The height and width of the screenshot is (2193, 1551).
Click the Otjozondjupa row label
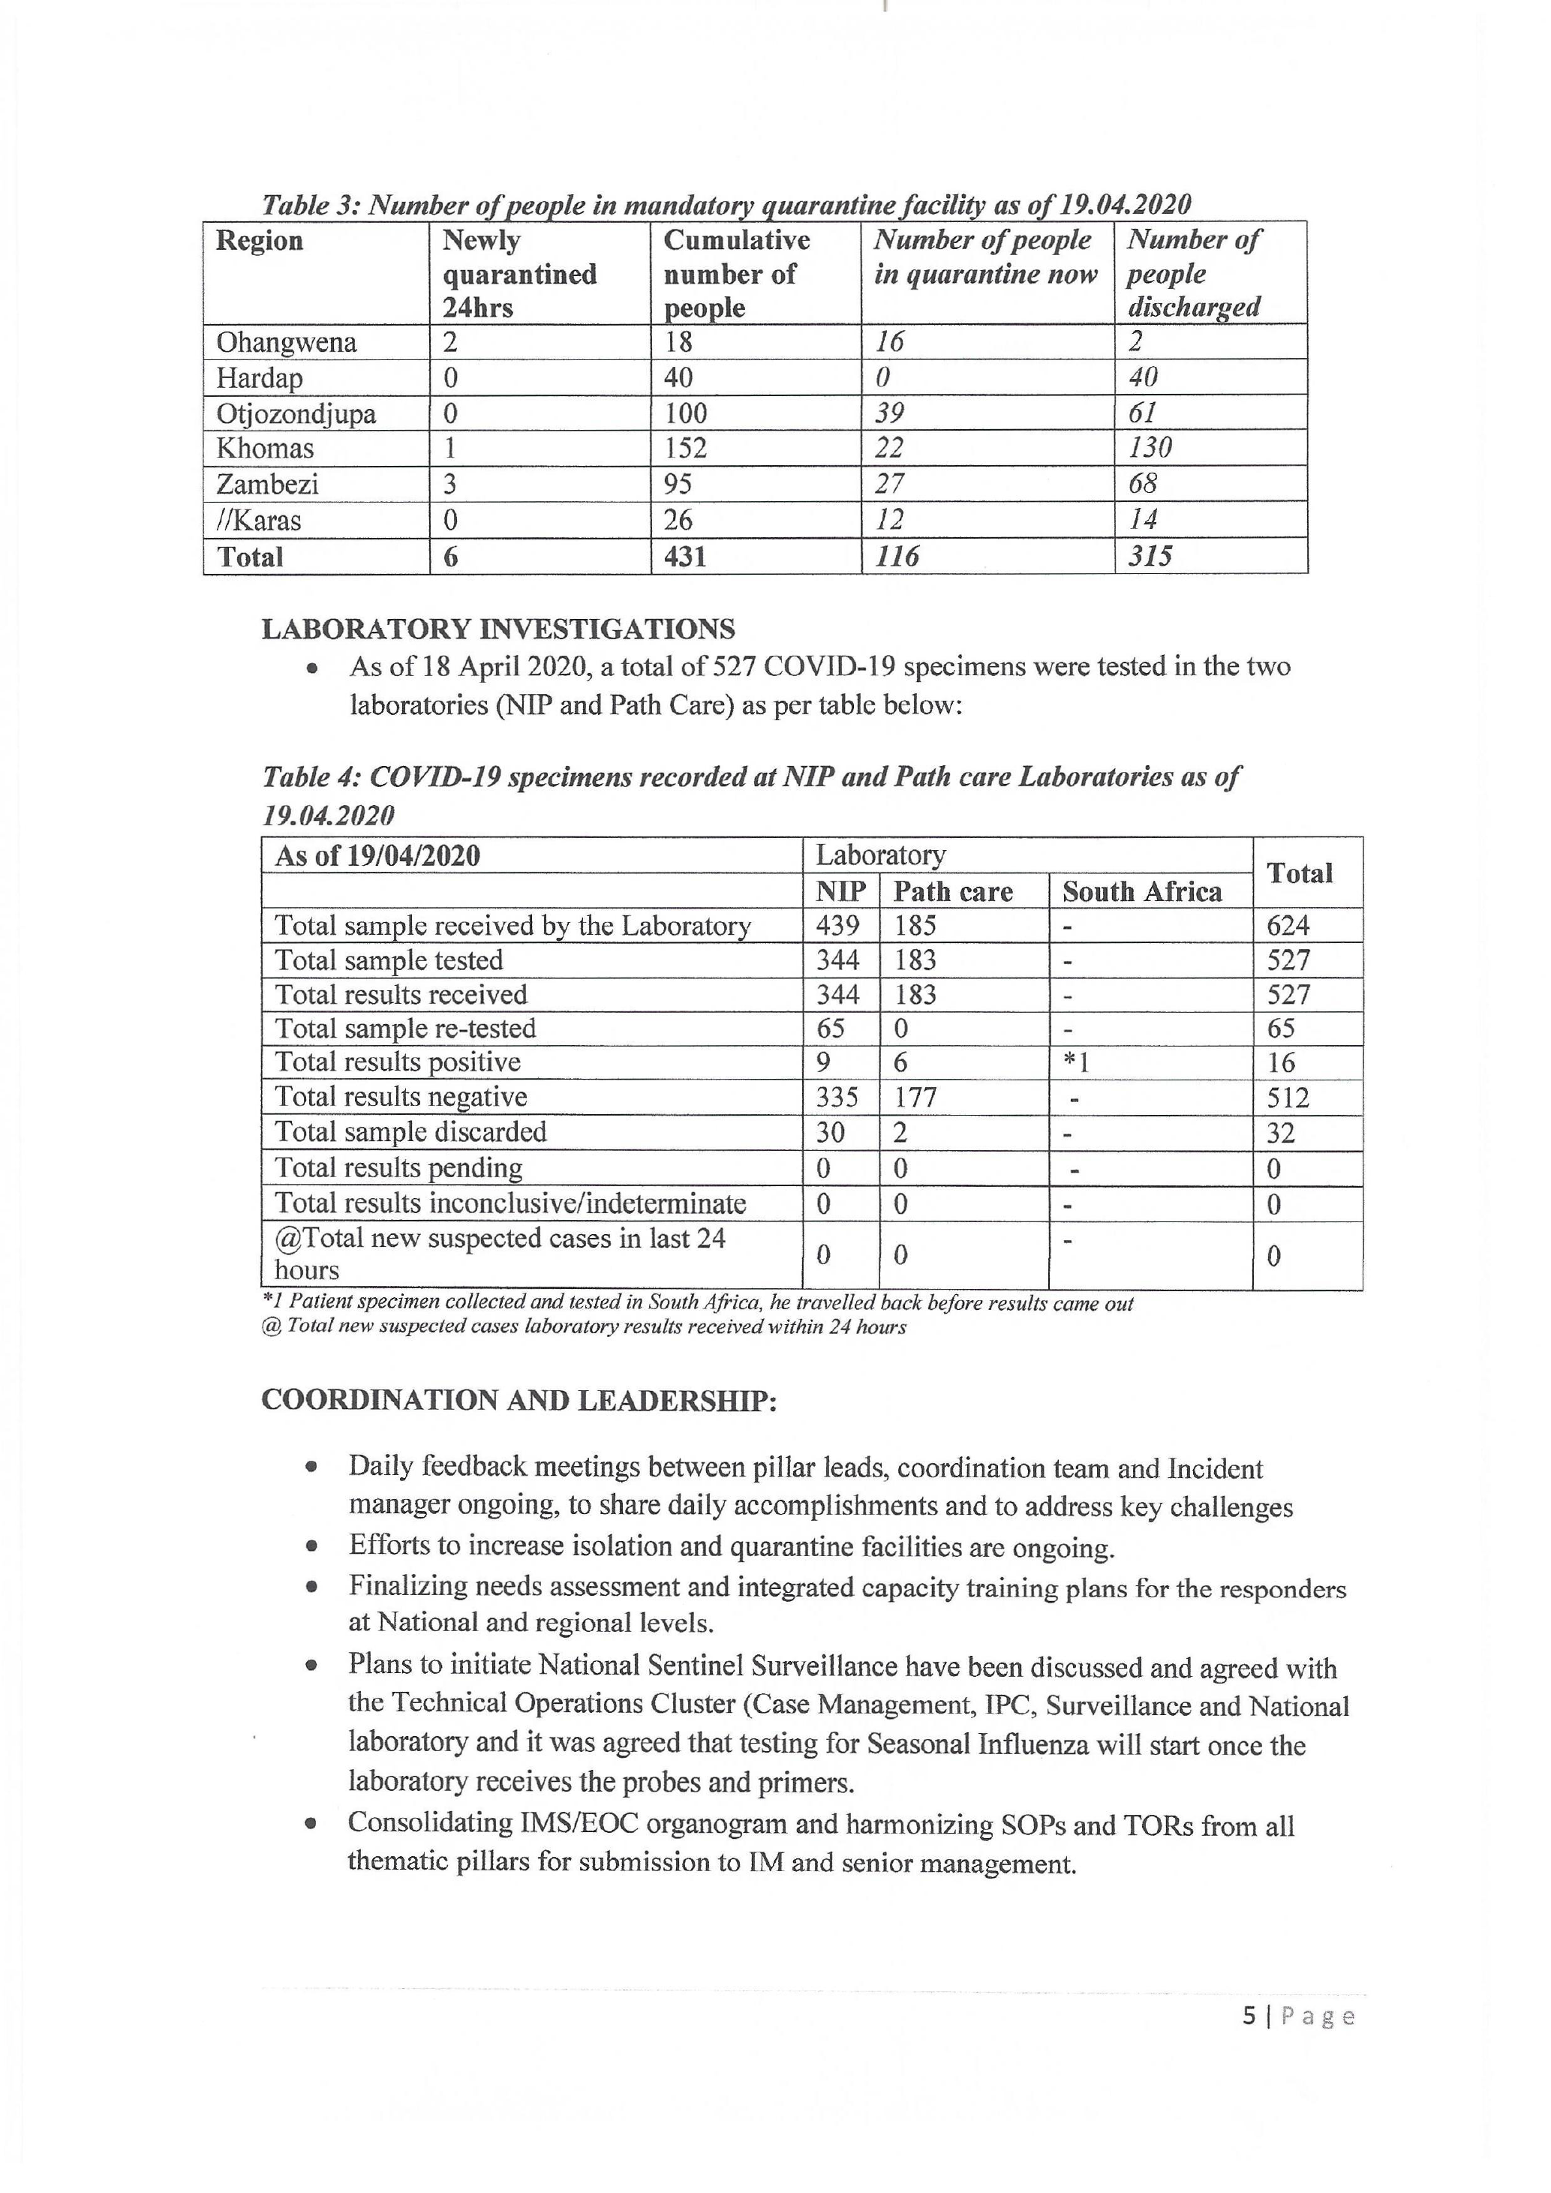tap(296, 413)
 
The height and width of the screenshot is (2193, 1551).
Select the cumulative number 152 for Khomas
tap(686, 448)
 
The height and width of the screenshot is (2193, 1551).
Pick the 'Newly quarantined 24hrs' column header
tap(519, 273)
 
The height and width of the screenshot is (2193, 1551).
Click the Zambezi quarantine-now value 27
tap(889, 484)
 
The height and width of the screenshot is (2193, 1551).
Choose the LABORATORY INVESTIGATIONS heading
tap(497, 629)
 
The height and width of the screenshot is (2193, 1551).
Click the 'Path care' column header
tap(952, 892)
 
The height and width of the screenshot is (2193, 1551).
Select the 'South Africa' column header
tap(1141, 892)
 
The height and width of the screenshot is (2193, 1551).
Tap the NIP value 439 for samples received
tap(837, 926)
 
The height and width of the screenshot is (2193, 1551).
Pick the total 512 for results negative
tap(1288, 1098)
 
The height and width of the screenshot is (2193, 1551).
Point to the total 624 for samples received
tap(1288, 926)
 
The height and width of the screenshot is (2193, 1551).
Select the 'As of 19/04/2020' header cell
tap(377, 856)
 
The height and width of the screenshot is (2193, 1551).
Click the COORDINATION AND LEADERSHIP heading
tap(519, 1400)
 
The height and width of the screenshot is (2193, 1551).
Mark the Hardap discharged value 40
tap(1144, 377)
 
